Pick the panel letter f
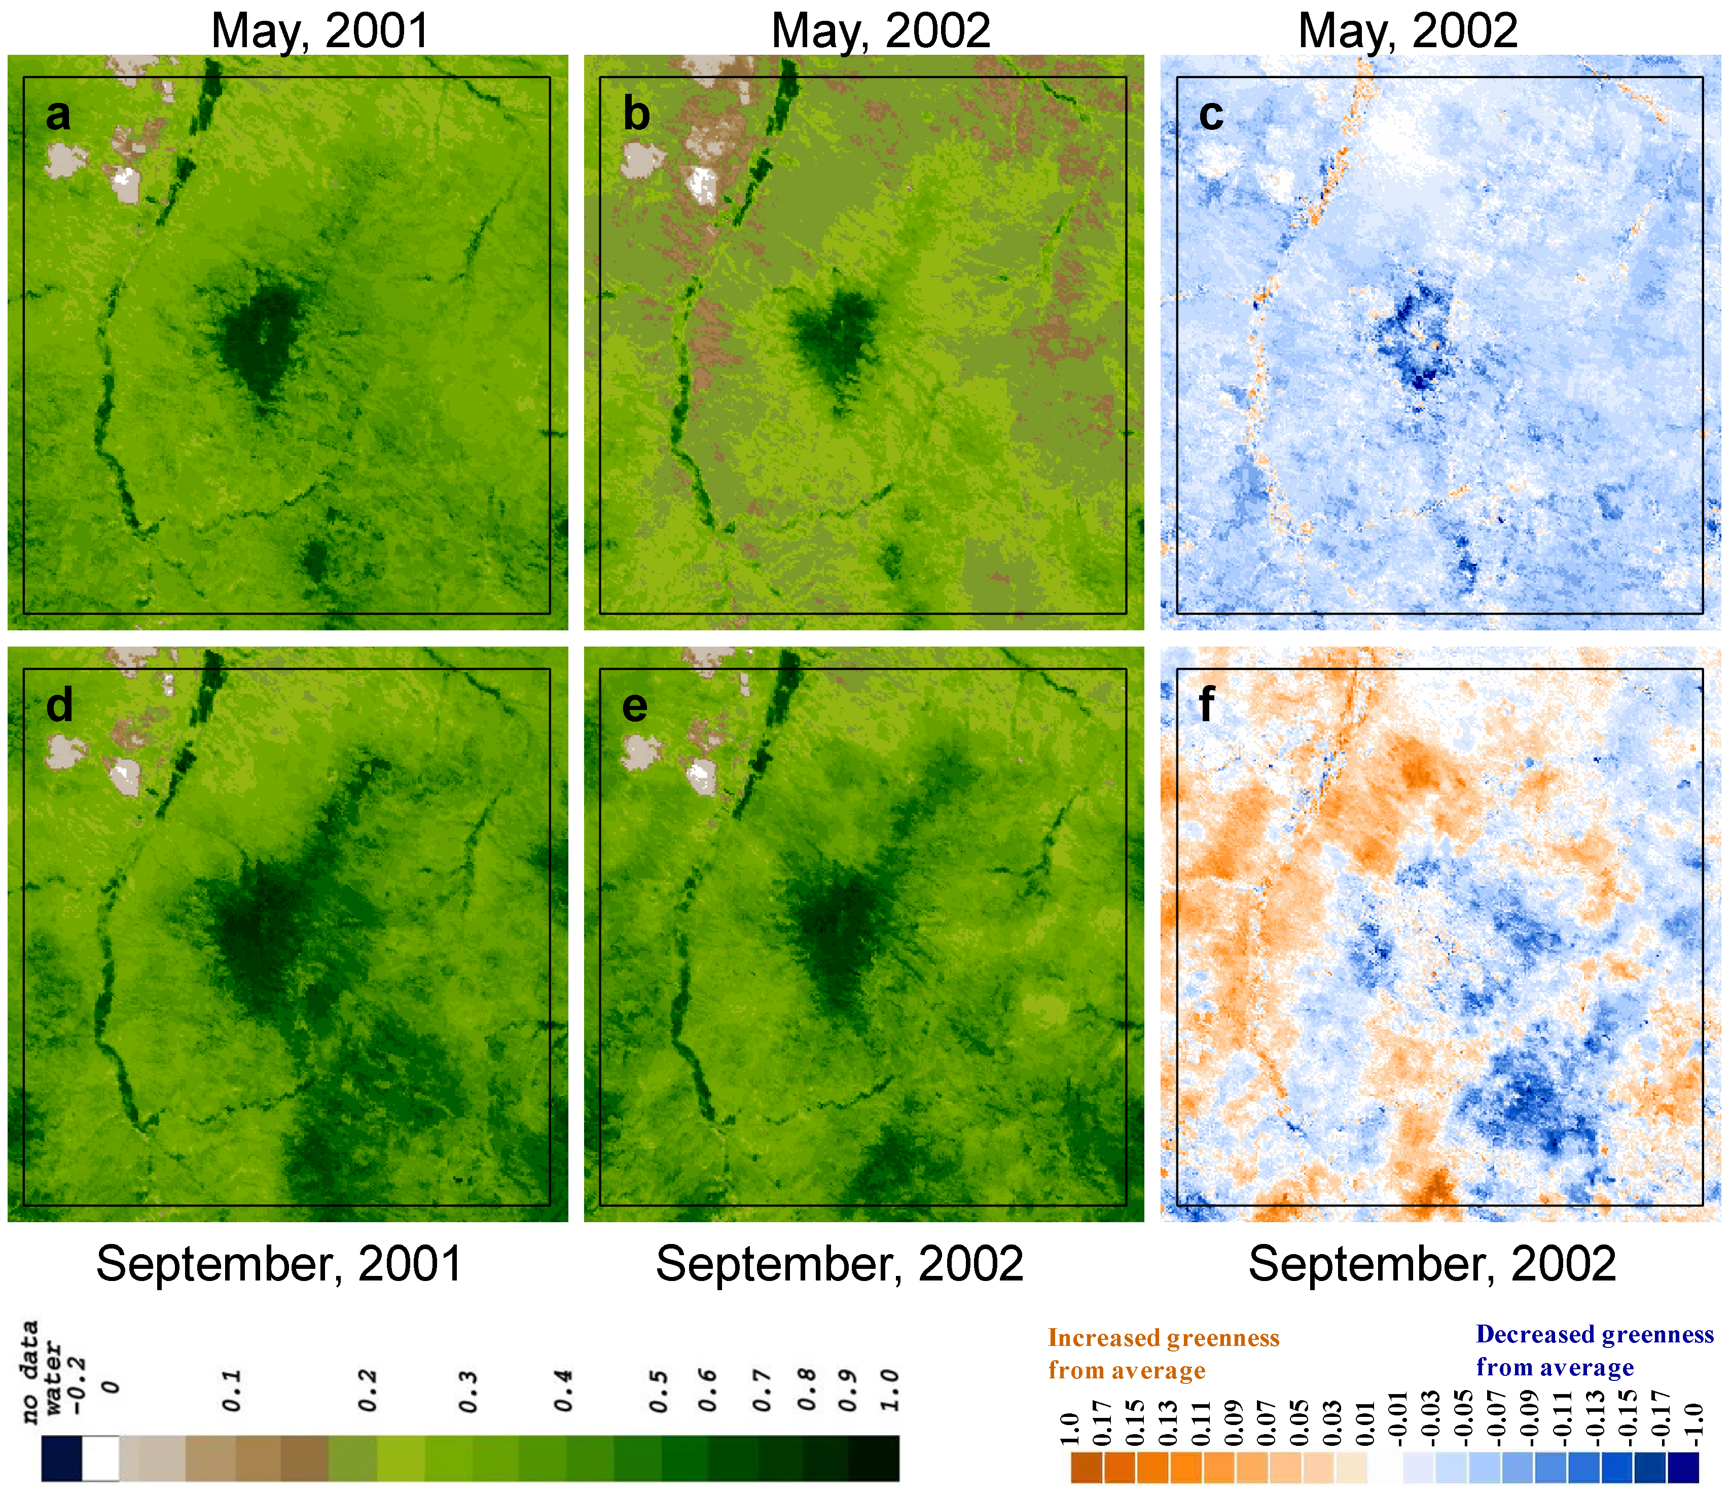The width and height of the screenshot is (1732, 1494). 1206,705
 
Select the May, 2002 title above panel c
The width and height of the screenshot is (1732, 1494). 1408,31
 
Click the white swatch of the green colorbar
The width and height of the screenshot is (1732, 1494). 101,1458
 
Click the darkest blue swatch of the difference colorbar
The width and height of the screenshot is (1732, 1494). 1683,1467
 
